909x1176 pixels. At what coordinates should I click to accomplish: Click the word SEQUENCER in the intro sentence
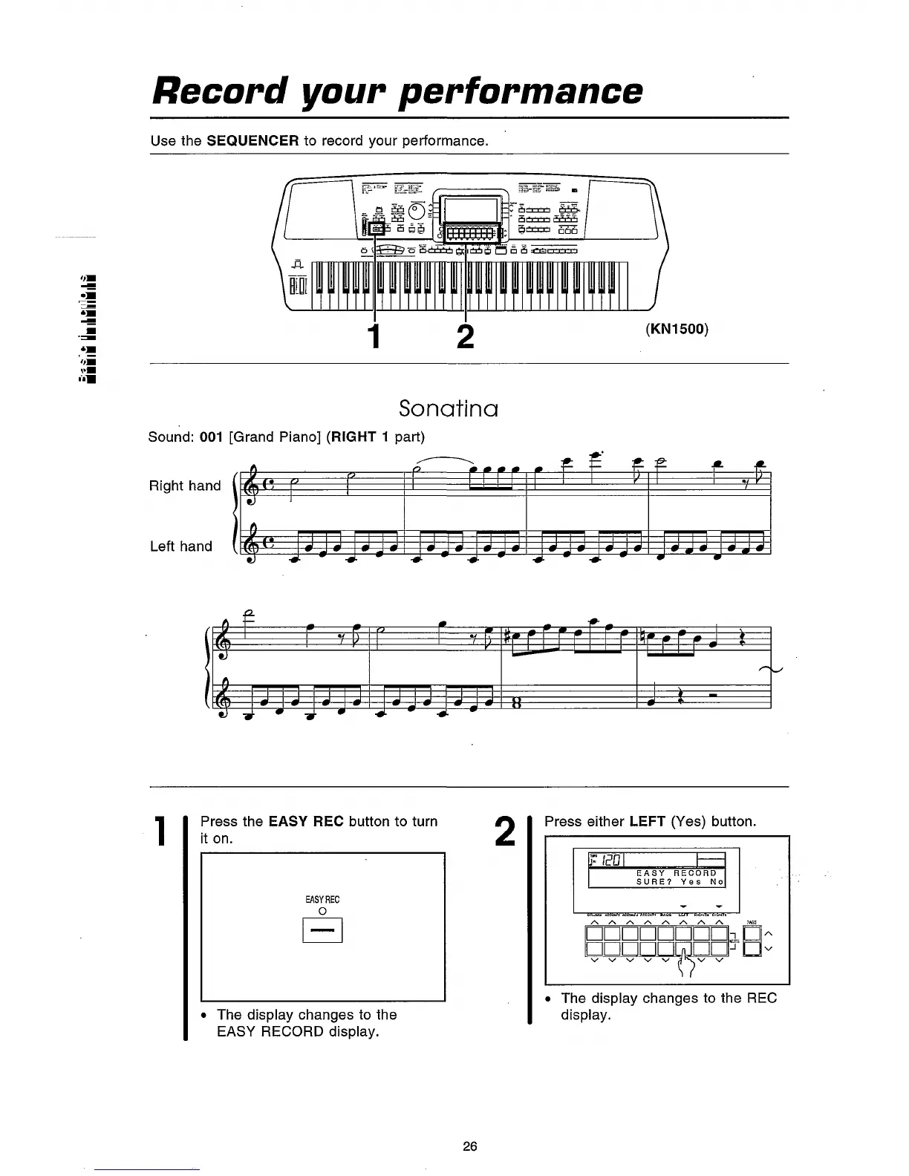pyautogui.click(x=252, y=140)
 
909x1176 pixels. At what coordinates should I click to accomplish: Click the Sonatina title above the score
pyautogui.click(x=448, y=408)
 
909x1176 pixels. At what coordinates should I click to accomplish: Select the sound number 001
pyautogui.click(x=212, y=437)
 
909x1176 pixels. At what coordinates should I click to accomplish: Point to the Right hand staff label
pyautogui.click(x=185, y=486)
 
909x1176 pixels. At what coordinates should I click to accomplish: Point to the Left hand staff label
pyautogui.click(x=180, y=546)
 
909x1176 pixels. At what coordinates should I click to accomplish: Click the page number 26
pyautogui.click(x=469, y=1146)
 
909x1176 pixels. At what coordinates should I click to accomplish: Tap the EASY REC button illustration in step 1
pyautogui.click(x=322, y=930)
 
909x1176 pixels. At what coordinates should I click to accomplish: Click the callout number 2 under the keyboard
pyautogui.click(x=465, y=336)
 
